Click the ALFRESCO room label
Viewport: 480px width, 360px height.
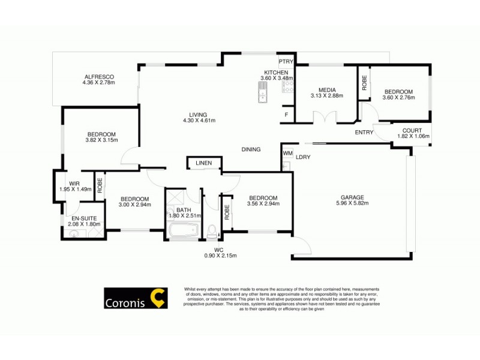pos(99,77)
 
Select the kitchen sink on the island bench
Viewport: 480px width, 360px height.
pos(263,94)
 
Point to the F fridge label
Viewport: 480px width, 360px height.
pos(286,115)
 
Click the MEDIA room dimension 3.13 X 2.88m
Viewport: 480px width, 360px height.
pos(326,95)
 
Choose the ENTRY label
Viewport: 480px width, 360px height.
pos(364,133)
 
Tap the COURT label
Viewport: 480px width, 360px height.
pos(412,130)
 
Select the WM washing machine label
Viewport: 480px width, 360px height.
pos(287,154)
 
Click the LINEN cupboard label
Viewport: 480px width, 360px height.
pos(203,163)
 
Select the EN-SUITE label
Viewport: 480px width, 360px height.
pos(82,218)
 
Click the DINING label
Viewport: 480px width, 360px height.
pos(251,149)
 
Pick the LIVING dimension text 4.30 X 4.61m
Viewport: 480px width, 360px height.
pos(198,121)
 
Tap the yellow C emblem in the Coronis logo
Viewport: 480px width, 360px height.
pos(158,297)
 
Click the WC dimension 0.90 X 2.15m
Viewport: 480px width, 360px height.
pos(221,256)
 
